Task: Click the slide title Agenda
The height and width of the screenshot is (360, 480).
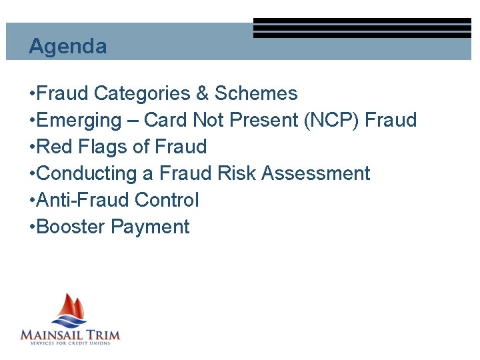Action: [67, 46]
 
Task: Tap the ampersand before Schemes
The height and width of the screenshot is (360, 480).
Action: [201, 93]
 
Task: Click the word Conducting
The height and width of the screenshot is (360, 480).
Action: [88, 173]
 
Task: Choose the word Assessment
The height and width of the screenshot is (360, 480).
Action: [315, 173]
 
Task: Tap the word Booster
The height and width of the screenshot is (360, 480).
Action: [71, 227]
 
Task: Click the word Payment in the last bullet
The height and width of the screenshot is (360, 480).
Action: [150, 227]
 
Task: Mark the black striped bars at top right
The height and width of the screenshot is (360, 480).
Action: [362, 28]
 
